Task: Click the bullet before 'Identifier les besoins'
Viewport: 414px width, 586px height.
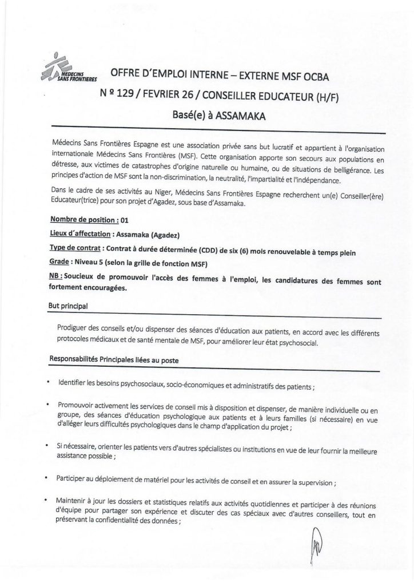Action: coord(50,383)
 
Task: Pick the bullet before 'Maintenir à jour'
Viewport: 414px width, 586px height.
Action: coord(50,500)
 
